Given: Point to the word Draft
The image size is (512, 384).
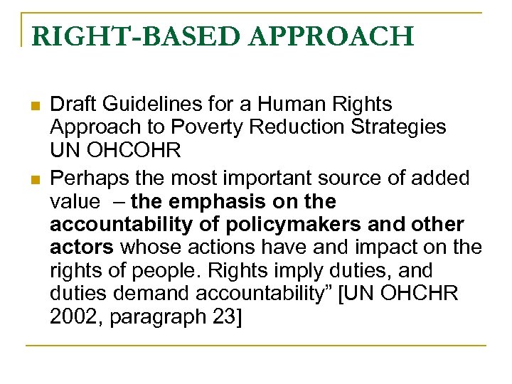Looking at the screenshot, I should pyautogui.click(x=74, y=105).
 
